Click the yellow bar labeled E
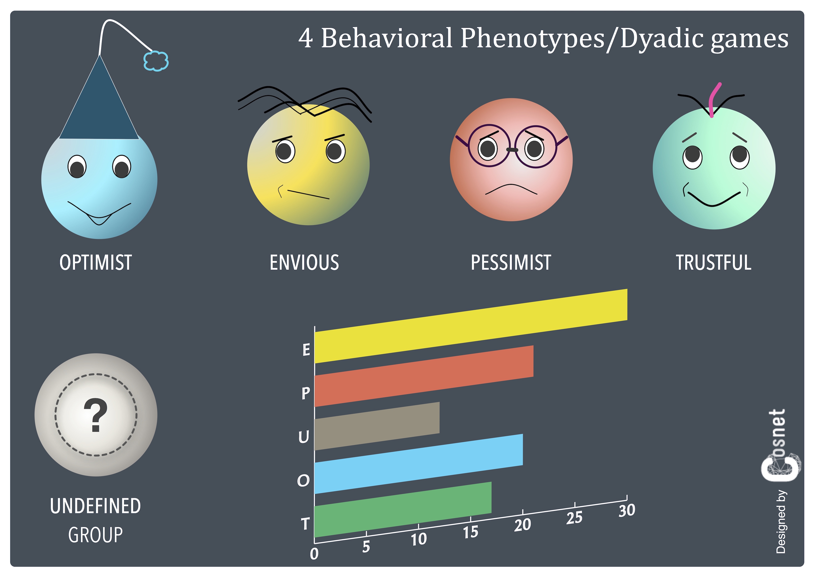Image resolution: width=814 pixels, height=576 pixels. (471, 326)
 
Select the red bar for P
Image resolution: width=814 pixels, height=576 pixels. (424, 376)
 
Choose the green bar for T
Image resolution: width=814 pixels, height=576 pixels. (403, 509)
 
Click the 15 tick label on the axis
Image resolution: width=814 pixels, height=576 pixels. (471, 532)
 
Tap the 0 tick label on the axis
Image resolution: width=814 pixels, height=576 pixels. (314, 554)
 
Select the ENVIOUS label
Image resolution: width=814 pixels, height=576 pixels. (304, 263)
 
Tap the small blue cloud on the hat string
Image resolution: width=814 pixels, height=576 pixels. (156, 61)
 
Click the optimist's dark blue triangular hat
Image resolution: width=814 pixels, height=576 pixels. (99, 106)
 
